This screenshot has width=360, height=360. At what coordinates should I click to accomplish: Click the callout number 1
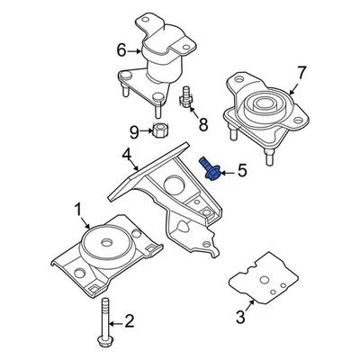[78, 213]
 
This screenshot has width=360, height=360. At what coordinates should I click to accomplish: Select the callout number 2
[129, 319]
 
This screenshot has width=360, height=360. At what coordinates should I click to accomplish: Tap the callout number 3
[239, 316]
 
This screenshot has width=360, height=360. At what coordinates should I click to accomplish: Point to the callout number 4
[128, 163]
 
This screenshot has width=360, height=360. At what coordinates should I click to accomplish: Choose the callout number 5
[240, 170]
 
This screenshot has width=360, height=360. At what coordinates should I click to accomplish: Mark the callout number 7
[301, 71]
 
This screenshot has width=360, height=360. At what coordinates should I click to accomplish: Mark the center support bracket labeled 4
[171, 193]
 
